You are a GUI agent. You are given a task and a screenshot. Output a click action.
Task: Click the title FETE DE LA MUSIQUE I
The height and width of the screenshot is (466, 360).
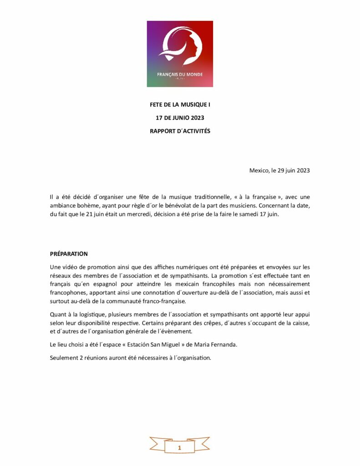point(180,105)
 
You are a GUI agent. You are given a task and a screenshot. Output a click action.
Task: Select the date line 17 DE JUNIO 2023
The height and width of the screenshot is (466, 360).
point(180,118)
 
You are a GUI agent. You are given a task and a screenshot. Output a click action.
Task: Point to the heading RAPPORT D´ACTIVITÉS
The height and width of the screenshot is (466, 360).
point(180,131)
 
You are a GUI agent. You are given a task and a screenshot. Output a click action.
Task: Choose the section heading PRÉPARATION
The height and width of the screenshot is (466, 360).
point(69,253)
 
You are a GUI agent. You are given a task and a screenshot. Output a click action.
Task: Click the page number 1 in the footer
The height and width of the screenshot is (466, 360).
point(180,448)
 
